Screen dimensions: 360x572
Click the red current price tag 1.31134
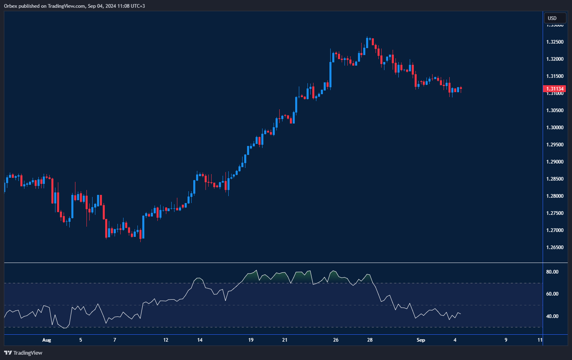pos(555,89)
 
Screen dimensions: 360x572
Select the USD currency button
pos(554,18)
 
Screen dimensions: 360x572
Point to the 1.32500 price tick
pos(555,42)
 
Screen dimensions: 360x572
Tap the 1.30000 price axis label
pos(555,128)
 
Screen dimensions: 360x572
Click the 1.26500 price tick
pos(555,247)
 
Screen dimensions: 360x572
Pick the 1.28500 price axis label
pos(555,179)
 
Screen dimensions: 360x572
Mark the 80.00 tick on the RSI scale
pos(552,272)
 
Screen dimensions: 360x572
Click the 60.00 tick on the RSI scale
pos(552,294)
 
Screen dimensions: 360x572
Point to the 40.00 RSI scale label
pos(552,316)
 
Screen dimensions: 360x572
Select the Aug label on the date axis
pos(46,340)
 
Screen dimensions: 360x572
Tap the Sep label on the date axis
pos(421,340)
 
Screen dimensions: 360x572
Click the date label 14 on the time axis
pos(200,340)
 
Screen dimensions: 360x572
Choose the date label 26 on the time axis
pos(336,340)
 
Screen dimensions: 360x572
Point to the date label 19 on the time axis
pos(251,340)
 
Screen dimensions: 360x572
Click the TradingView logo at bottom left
pos(23,353)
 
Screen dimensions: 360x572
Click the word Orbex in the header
pos(11,6)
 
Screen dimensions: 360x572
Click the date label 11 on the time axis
pos(540,340)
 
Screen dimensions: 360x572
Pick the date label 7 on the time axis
pos(115,340)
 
